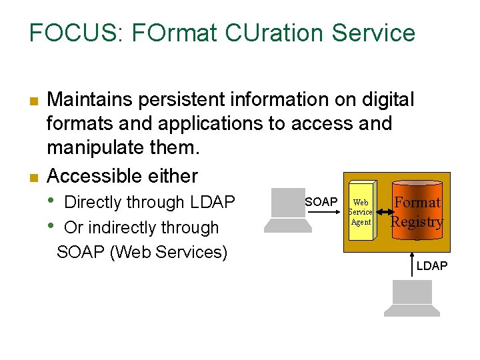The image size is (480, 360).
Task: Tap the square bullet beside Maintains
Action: (32, 102)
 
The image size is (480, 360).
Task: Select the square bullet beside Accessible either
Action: (32, 178)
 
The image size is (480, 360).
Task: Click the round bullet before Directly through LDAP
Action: (53, 201)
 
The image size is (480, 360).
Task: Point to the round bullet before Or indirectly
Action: (53, 226)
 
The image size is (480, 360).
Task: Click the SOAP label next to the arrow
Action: (321, 202)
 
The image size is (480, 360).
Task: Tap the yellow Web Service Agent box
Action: (360, 213)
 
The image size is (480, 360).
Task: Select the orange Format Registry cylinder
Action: (417, 212)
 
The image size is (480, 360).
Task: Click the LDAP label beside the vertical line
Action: (432, 266)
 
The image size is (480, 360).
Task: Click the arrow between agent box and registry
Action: (381, 212)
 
